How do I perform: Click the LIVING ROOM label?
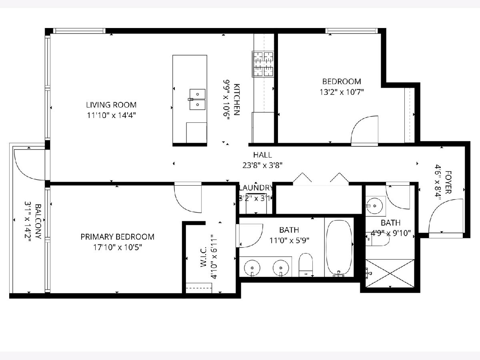[111, 105]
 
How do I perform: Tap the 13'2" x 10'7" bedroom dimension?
[342, 92]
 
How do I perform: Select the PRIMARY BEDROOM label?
[118, 237]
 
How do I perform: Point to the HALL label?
[262, 155]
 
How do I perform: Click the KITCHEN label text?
[237, 100]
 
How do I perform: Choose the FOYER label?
[448, 182]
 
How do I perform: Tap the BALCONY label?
[38, 222]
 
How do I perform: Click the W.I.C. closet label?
[203, 257]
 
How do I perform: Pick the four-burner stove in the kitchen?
[263, 64]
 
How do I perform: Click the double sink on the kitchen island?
[197, 100]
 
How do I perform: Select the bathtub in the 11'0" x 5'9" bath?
[339, 248]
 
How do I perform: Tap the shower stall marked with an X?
[390, 273]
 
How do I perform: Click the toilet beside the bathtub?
[306, 265]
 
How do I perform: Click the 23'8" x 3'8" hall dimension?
[262, 166]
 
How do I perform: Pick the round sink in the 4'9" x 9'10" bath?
[374, 206]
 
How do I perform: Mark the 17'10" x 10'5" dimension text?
[118, 248]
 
